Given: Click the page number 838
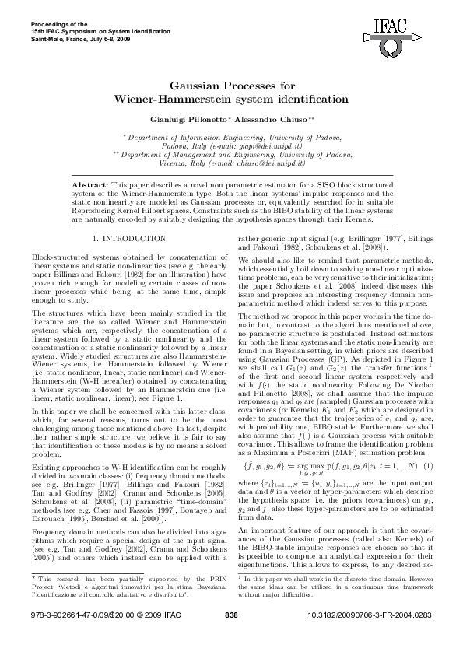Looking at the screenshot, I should [231, 638].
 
